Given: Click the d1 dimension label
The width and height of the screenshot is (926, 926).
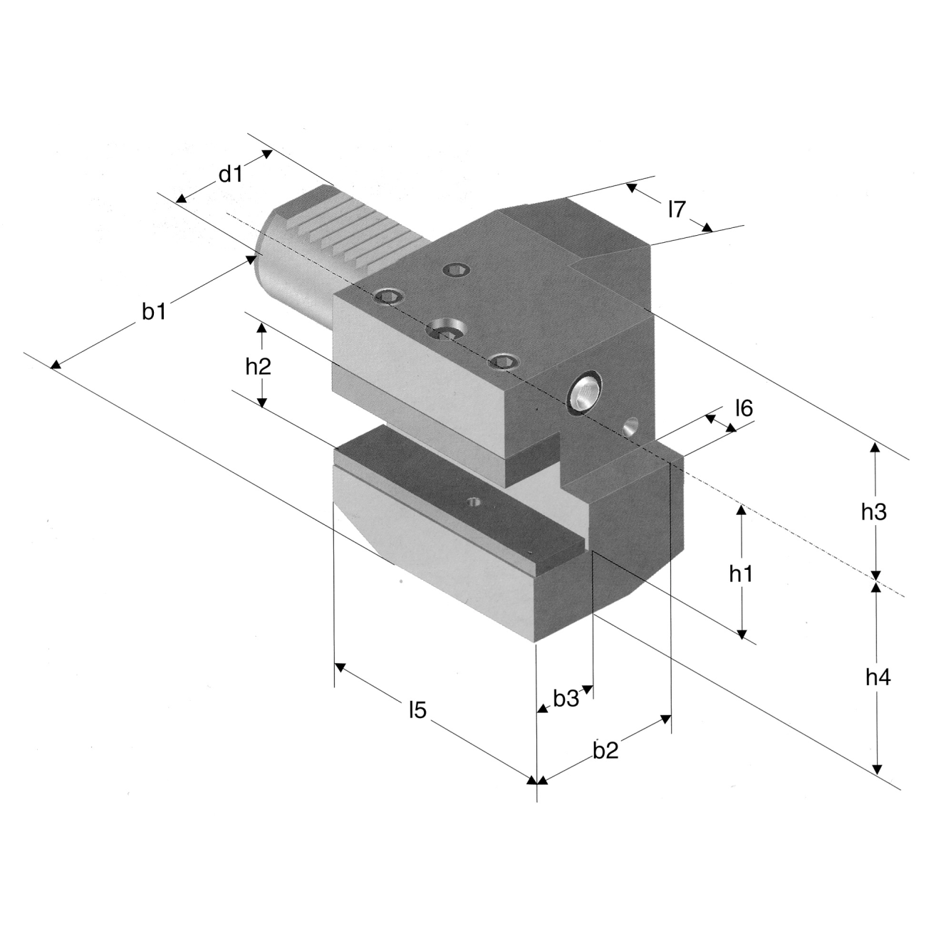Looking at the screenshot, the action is [231, 175].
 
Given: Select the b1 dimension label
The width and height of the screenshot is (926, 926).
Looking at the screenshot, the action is [155, 312].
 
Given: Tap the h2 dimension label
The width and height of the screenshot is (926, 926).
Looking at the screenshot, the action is [259, 367].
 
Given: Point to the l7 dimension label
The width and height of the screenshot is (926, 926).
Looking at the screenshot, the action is [676, 209].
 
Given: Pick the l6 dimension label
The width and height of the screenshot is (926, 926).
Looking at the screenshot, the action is [744, 408].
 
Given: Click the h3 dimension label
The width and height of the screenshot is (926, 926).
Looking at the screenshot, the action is [873, 512].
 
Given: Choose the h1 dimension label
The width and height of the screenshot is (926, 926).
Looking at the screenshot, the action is [741, 573].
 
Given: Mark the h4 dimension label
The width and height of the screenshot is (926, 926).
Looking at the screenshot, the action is [878, 677].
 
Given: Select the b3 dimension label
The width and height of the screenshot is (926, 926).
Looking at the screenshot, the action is [566, 699].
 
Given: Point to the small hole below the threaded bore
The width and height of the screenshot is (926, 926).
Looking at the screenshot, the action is [630, 427].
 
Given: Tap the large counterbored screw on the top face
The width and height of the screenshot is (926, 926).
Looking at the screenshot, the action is [447, 330].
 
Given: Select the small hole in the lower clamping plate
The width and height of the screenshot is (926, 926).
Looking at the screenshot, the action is [474, 502].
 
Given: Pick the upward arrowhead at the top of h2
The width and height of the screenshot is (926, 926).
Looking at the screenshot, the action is [262, 328].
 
